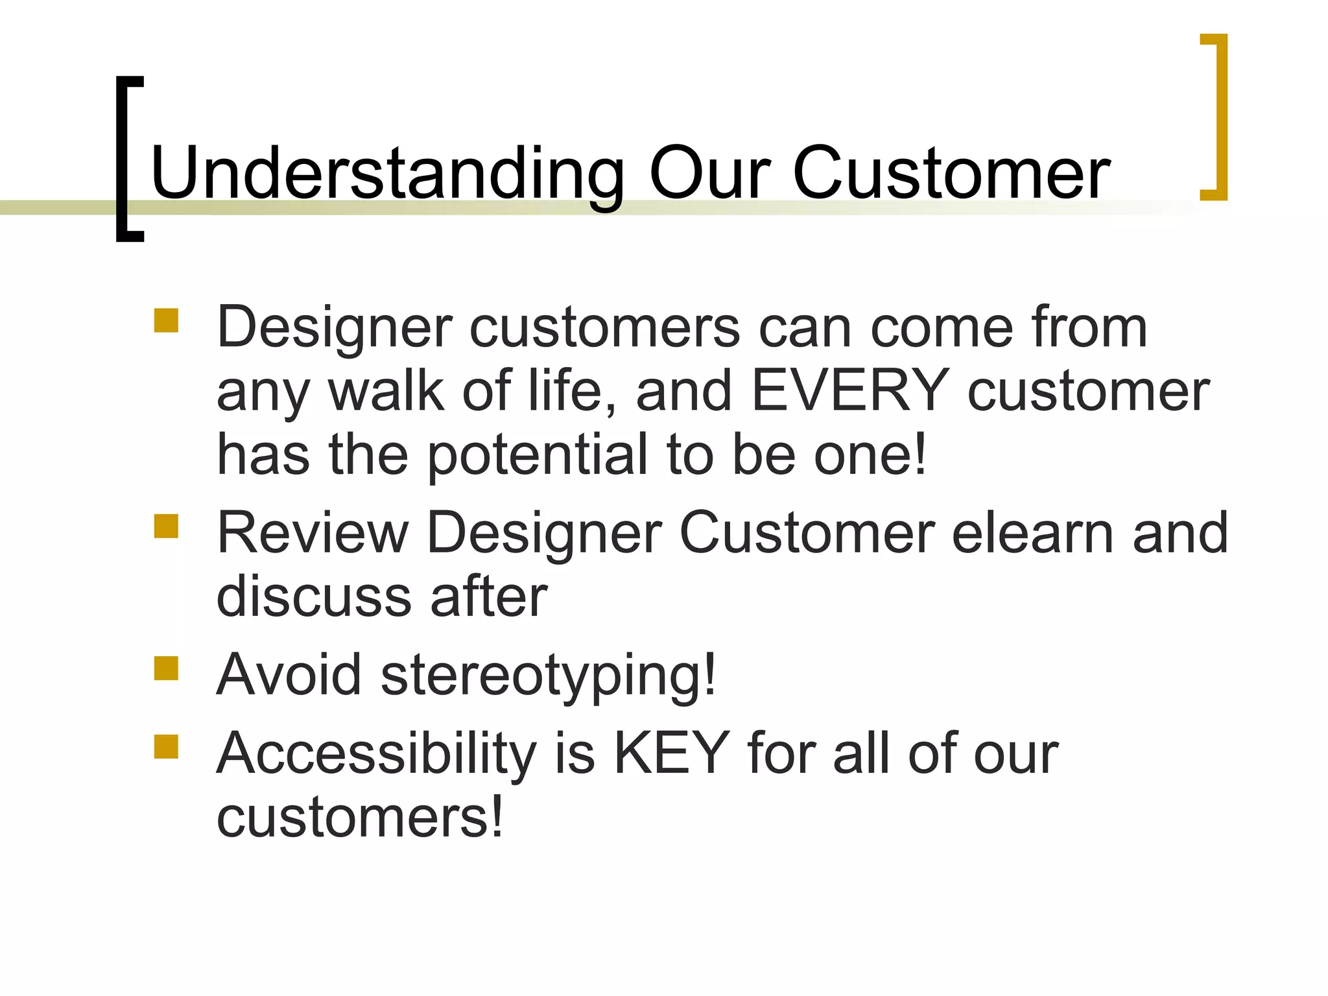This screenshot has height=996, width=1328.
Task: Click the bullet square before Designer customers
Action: [166, 321]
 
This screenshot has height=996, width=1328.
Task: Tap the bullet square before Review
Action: [166, 527]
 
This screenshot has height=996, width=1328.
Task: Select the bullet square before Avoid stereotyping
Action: [166, 668]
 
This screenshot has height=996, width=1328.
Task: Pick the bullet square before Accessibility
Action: [166, 747]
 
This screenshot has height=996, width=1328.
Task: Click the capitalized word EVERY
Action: [850, 390]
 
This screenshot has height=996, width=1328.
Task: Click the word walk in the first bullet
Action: [386, 390]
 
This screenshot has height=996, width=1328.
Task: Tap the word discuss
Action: [314, 597]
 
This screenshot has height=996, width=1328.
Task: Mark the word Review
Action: [313, 532]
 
